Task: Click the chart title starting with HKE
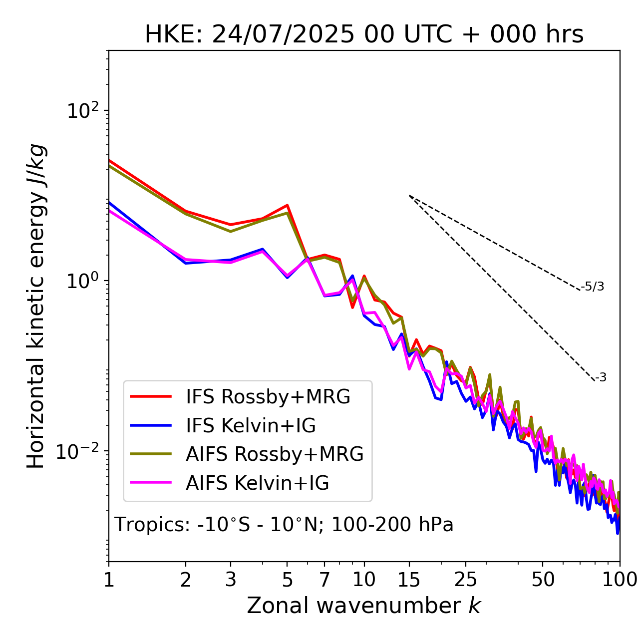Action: (x=364, y=35)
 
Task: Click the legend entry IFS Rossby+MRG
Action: (x=268, y=397)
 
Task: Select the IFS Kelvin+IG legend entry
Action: (x=251, y=426)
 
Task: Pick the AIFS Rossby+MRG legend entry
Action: (x=274, y=454)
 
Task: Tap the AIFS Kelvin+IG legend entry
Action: (x=257, y=483)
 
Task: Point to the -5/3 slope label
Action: (x=593, y=287)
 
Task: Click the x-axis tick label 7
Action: (x=324, y=580)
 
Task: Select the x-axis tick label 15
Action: (x=409, y=580)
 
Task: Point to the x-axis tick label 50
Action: (x=543, y=580)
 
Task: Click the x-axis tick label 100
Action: (x=620, y=580)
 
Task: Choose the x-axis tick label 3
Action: (x=231, y=580)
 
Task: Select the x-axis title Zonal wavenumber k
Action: (x=364, y=606)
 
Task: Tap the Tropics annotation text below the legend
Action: (x=284, y=525)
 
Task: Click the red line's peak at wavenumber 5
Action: (x=288, y=205)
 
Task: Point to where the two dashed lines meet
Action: (x=409, y=196)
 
